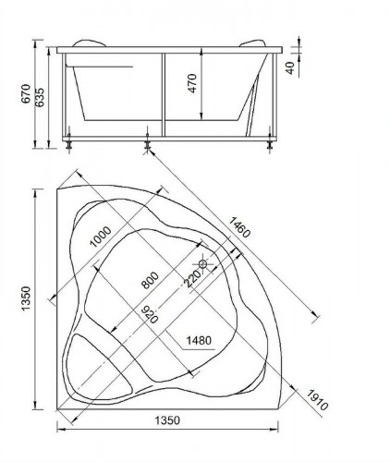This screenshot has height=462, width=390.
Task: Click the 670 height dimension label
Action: point(27,93)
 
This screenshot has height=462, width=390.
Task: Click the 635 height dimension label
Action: point(40,97)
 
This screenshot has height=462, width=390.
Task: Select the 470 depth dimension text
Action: point(192,83)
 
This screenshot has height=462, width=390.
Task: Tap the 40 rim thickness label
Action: point(290,67)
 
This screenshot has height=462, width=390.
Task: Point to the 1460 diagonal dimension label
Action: point(239,227)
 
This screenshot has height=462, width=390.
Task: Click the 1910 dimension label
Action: point(317,400)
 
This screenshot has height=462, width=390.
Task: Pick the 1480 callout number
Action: point(199,340)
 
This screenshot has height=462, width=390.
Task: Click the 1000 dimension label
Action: point(100,237)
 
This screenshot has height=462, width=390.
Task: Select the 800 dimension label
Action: point(150,280)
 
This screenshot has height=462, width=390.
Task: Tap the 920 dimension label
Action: point(150,314)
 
